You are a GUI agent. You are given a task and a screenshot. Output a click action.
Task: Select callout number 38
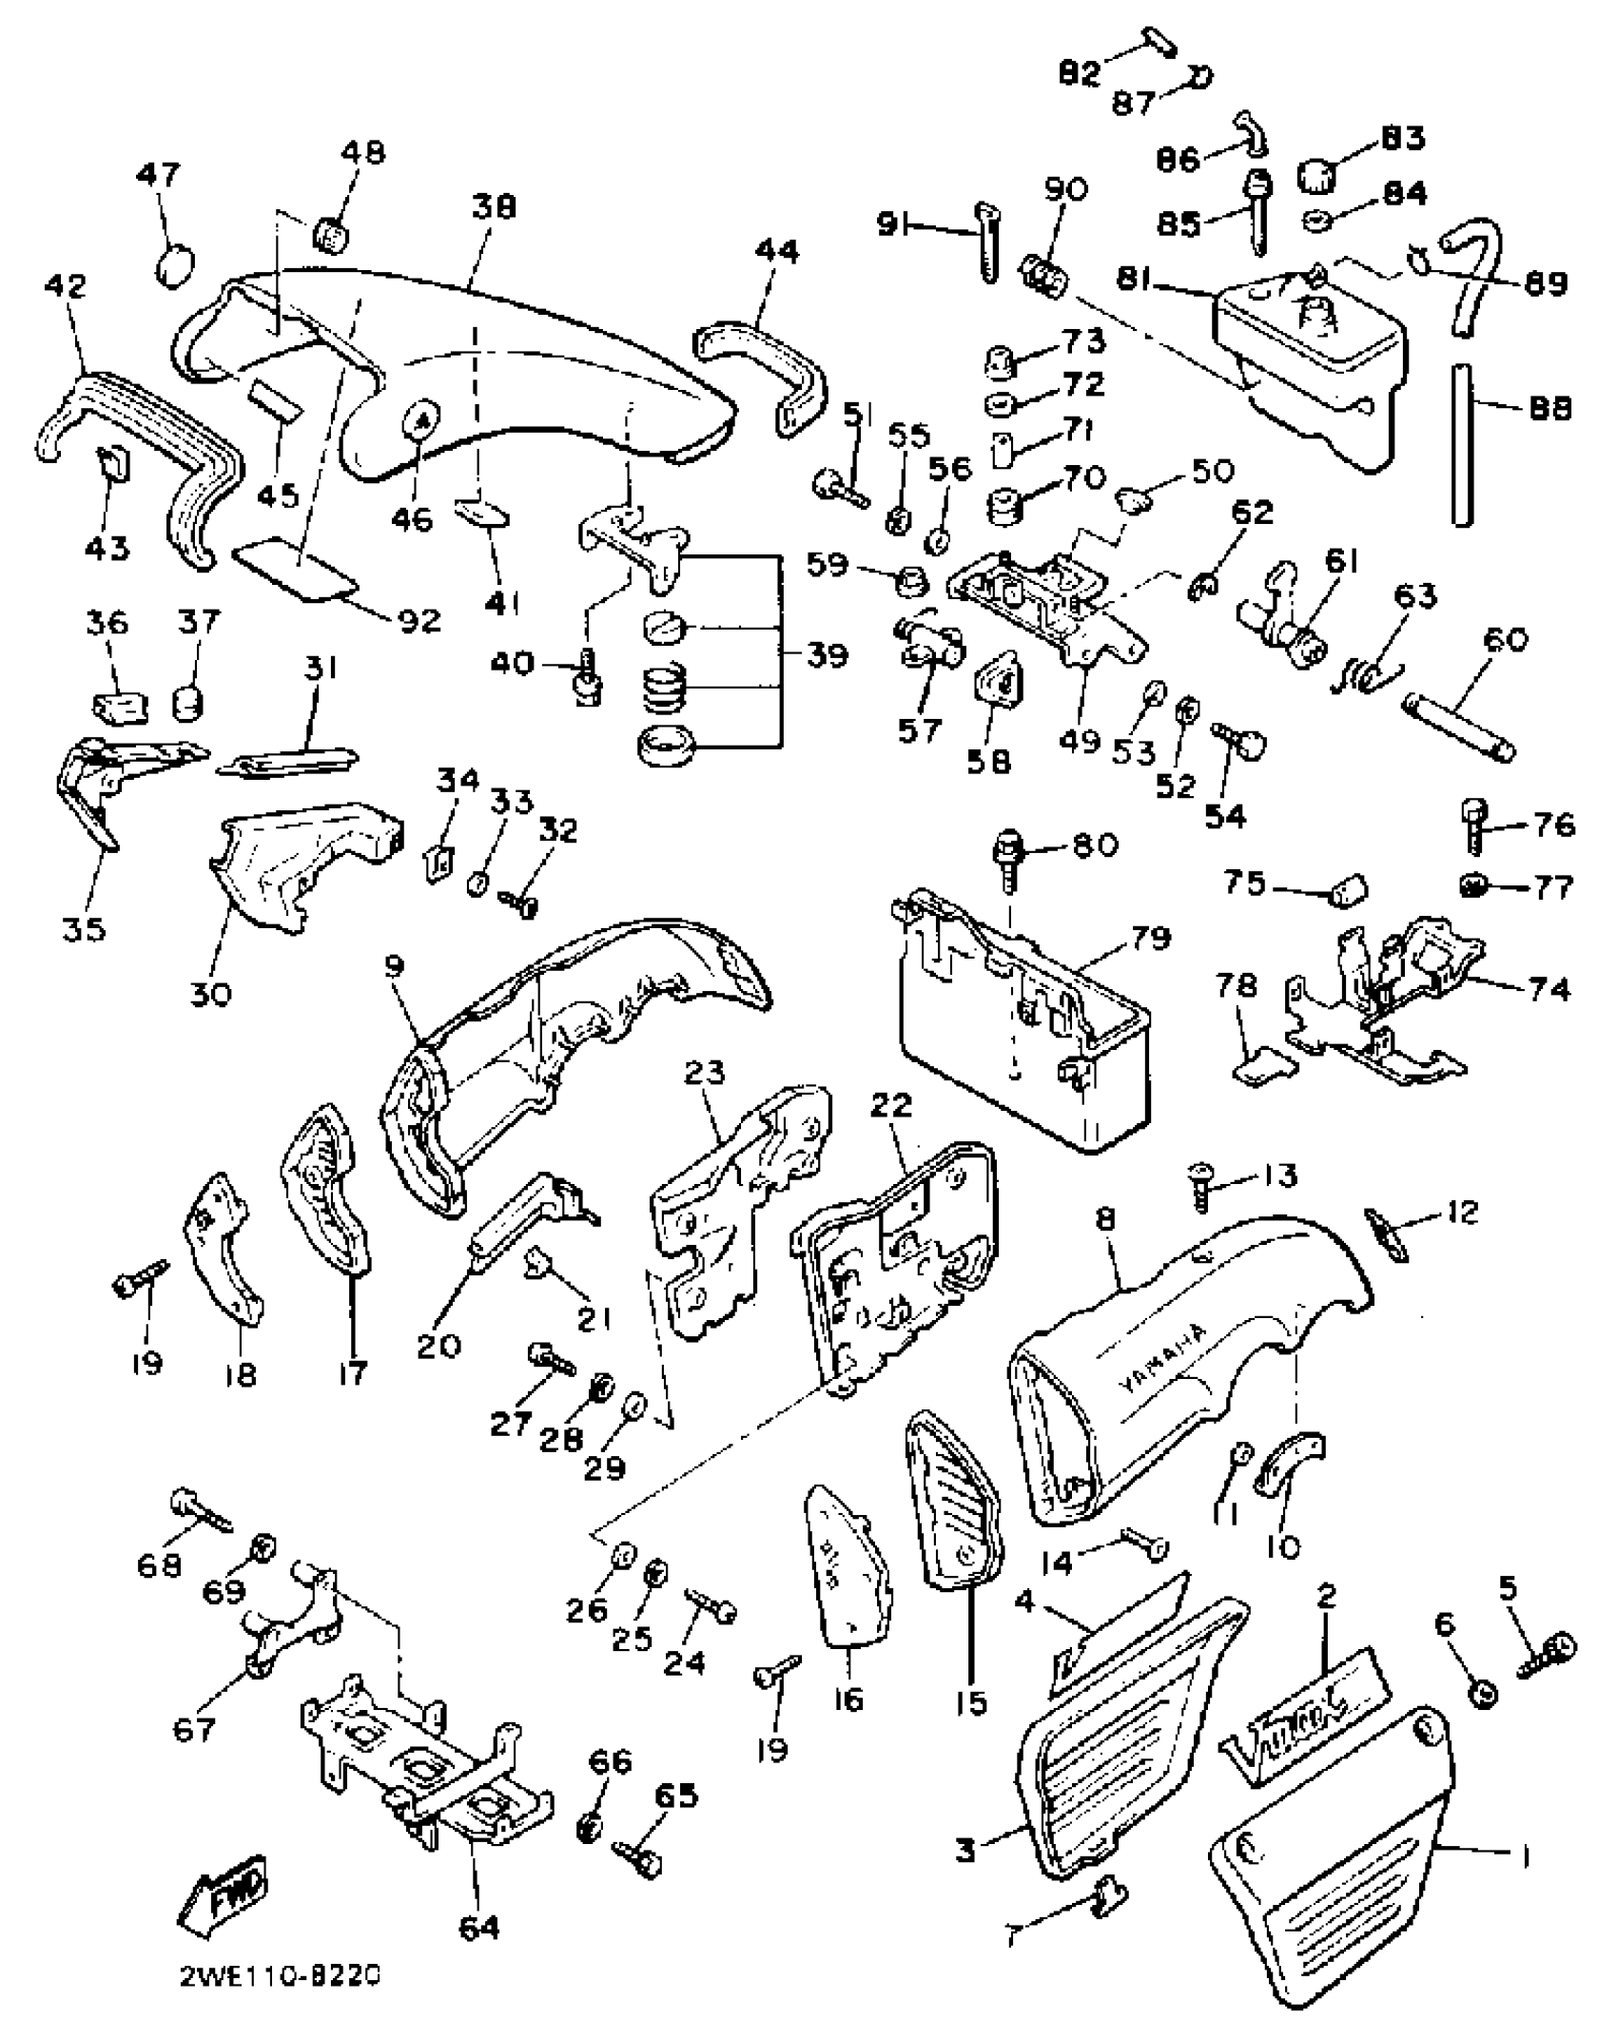[494, 206]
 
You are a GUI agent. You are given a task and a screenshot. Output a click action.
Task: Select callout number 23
[704, 1074]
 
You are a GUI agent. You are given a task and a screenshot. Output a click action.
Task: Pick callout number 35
[84, 928]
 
